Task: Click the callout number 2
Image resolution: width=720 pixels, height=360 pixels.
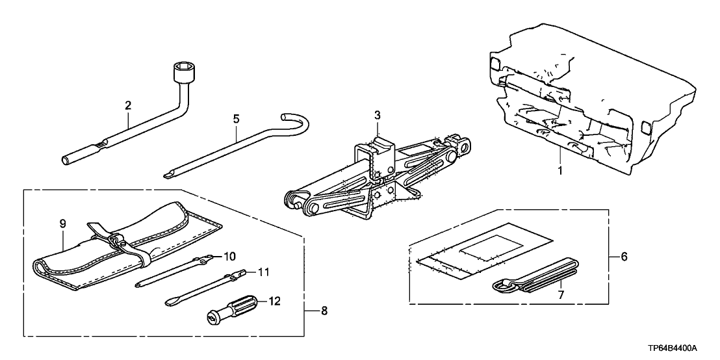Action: tap(128, 106)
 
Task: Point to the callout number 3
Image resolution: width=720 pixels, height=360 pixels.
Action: tap(377, 115)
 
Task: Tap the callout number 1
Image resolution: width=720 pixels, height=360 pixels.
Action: tap(559, 172)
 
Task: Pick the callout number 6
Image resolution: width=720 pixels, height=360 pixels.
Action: tap(623, 257)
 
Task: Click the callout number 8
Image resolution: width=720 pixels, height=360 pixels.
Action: tap(324, 311)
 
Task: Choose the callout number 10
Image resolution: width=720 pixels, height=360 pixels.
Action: tap(229, 255)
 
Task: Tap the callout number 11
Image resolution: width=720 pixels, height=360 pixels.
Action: tap(263, 272)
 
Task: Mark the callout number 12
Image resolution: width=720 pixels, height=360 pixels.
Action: tap(274, 302)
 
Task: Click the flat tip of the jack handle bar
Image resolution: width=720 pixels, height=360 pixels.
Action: tap(168, 175)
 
